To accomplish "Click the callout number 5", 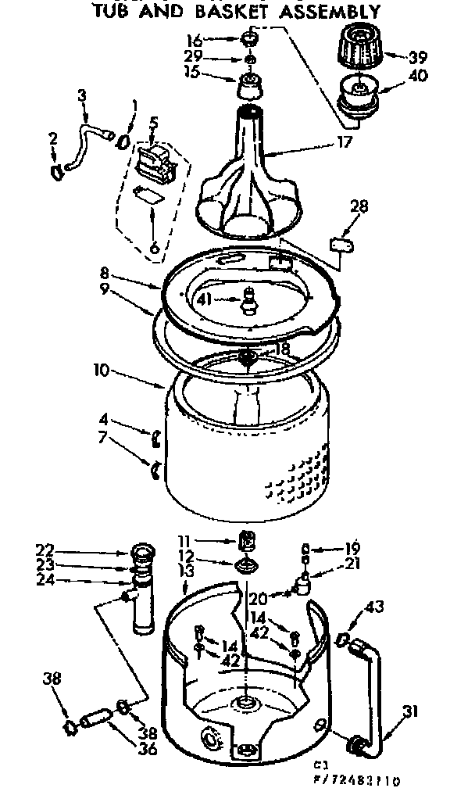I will click(x=154, y=122).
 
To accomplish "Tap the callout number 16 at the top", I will click(x=194, y=40).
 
